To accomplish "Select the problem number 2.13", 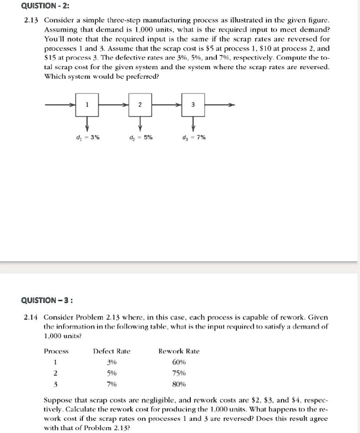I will (x=31, y=21).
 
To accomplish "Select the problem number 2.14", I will (x=31, y=318).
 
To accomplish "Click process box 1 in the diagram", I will (x=87, y=105).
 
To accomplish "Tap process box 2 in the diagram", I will (x=140, y=105).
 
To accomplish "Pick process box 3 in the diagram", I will (x=193, y=105).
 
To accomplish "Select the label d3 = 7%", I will (x=194, y=137).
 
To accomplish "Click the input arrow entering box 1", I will (x=60, y=105).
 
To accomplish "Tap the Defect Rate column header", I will (x=112, y=351).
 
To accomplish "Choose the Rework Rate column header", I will (x=179, y=351).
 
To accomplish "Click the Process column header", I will (x=56, y=351).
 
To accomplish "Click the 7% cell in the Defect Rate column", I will (x=112, y=384).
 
